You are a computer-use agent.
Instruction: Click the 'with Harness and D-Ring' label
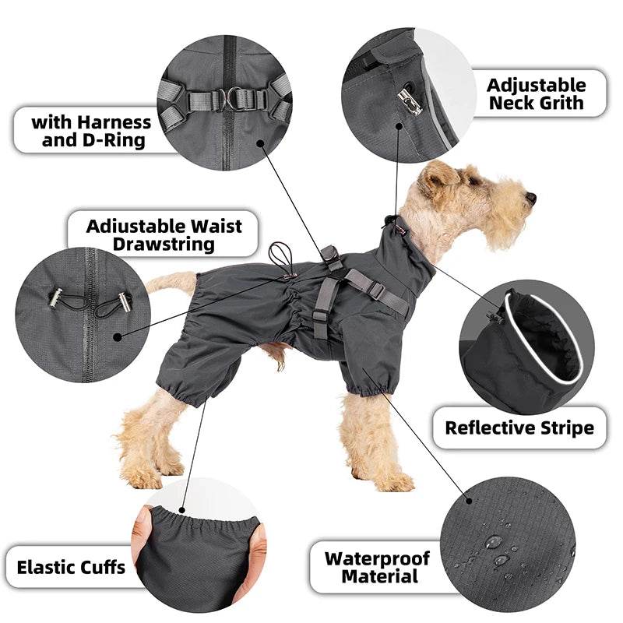pyautogui.click(x=90, y=131)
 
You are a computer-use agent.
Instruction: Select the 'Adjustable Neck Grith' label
pyautogui.click(x=536, y=93)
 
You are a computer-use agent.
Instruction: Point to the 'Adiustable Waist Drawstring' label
pyautogui.click(x=164, y=234)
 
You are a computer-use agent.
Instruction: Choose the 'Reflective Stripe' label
pyautogui.click(x=519, y=428)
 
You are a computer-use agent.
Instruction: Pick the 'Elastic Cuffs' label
pyautogui.click(x=71, y=566)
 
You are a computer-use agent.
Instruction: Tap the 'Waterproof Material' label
pyautogui.click(x=377, y=568)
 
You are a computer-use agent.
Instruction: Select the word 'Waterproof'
pyautogui.click(x=377, y=558)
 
